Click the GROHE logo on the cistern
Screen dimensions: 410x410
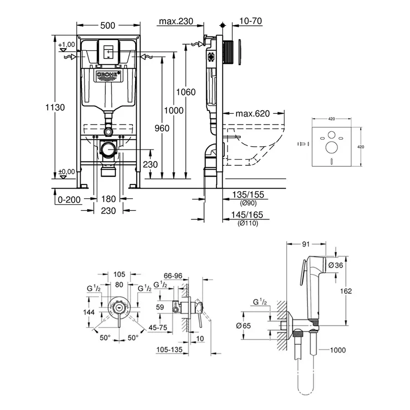(x=108, y=75)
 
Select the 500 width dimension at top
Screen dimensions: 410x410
(x=108, y=26)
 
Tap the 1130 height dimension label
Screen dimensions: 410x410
(x=55, y=108)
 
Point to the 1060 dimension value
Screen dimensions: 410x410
(x=186, y=92)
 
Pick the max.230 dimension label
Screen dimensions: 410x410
(x=176, y=21)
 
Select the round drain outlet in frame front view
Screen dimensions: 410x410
(x=108, y=149)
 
